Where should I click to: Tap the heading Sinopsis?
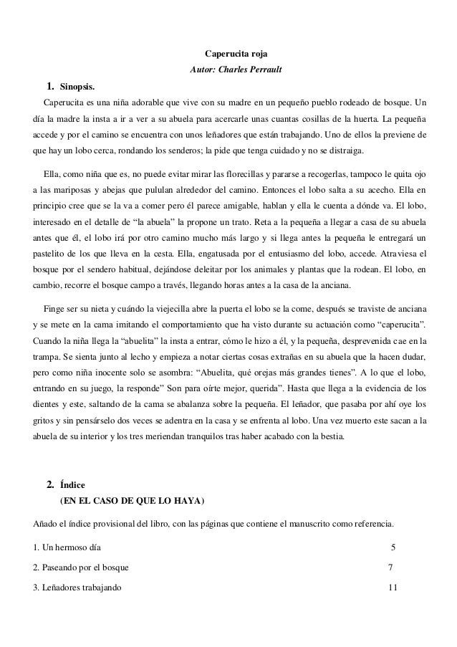point(76,87)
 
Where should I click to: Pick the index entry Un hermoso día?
point(71,548)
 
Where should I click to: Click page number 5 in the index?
point(393,548)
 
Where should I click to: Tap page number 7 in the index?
point(390,568)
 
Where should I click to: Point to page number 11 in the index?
point(392,588)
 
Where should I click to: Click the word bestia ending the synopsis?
point(327,435)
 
